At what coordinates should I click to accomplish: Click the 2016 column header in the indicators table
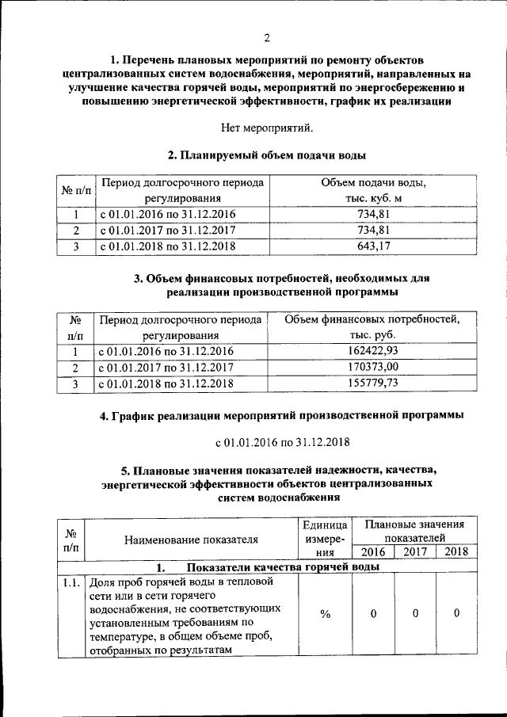click(372, 552)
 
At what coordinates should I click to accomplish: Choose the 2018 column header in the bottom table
click(456, 552)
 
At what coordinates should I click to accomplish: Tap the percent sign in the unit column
click(324, 614)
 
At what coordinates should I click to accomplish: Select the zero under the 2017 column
click(414, 614)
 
